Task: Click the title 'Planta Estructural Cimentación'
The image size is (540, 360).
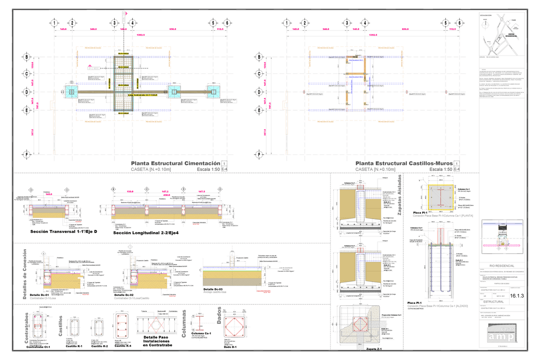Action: [175, 163]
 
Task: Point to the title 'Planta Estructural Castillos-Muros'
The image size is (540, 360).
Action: [404, 163]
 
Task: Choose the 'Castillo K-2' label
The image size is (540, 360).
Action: [100, 346]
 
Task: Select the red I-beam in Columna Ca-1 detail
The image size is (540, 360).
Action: [199, 323]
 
